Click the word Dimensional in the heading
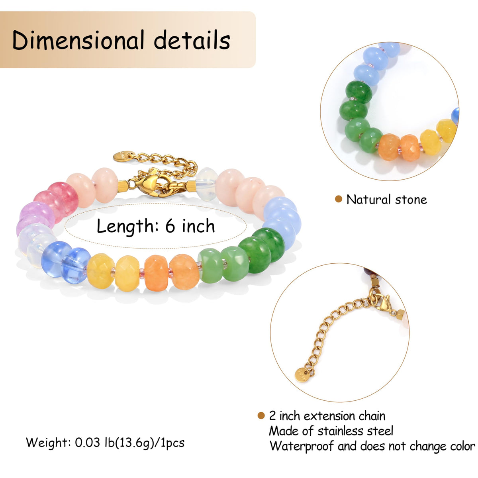coord(78,40)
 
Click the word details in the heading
coord(192,40)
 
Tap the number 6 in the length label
coord(170,226)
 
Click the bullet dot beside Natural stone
coord(338,199)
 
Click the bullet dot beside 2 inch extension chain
coord(261,415)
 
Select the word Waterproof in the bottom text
coord(302,446)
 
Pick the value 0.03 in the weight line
coord(87,442)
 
